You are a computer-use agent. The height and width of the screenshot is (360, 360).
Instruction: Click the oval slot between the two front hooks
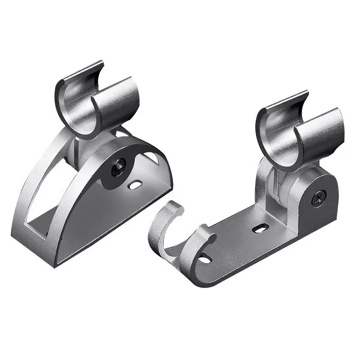point(204,259)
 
